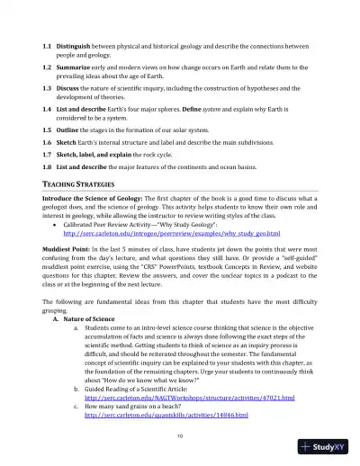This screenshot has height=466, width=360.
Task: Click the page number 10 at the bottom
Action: (180, 436)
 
